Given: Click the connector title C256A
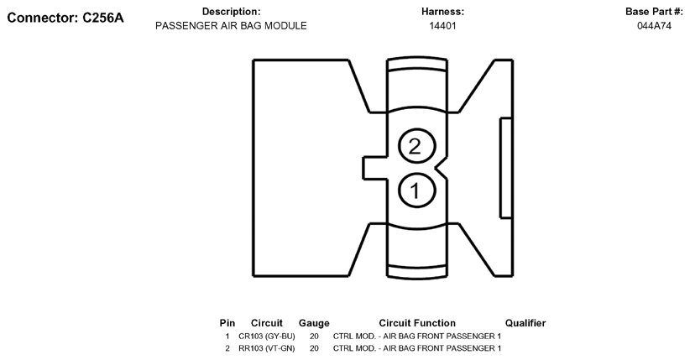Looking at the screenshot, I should click(65, 18).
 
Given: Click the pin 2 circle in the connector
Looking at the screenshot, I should click(414, 146).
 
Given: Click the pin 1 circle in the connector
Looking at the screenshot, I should click(414, 190).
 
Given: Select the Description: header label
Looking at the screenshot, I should click(231, 12).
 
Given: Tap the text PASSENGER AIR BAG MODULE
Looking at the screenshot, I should click(231, 26).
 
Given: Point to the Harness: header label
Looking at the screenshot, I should click(442, 12).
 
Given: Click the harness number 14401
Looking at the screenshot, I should click(442, 26).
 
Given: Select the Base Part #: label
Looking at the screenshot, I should click(654, 12).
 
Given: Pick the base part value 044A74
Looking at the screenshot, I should click(654, 26).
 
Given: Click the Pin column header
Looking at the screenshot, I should click(227, 323).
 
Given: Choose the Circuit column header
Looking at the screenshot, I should click(267, 323).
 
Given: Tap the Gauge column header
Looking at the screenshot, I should click(314, 323).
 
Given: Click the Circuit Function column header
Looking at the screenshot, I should click(417, 323).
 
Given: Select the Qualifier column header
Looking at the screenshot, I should click(525, 323).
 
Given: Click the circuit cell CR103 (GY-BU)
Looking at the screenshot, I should click(267, 336).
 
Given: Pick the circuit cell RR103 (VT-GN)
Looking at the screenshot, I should click(267, 347).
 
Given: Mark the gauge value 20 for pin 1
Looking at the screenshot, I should click(314, 336).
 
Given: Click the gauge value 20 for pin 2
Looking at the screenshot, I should click(314, 347).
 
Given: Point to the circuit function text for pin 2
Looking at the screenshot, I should click(417, 347).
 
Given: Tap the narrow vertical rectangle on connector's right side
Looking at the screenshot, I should click(505, 168).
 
